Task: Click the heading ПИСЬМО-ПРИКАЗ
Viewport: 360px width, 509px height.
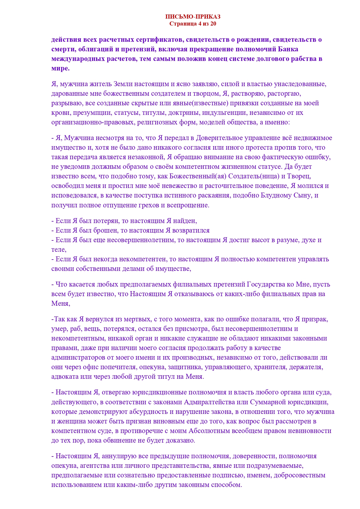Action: tap(193, 17)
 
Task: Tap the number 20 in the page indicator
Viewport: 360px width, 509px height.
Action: tap(213, 24)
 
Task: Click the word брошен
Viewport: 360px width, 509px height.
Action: tap(105, 230)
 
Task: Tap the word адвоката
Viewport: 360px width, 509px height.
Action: tap(64, 376)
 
